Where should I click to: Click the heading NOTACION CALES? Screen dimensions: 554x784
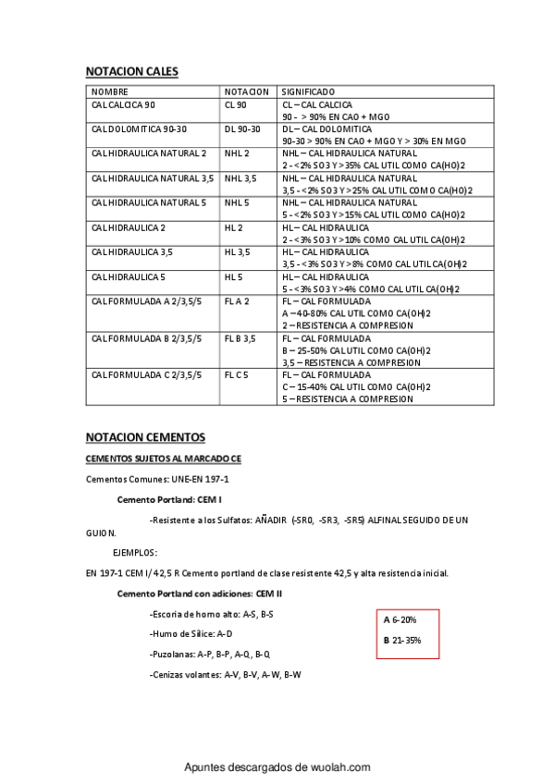[x=131, y=71]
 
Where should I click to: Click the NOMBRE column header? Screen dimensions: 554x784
[x=109, y=92]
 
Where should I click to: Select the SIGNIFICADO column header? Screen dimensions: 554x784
[x=308, y=92]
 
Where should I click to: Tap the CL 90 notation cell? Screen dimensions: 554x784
[x=236, y=105]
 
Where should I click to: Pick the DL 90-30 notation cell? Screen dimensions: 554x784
[x=242, y=129]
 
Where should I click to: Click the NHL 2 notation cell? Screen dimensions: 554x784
[x=237, y=153]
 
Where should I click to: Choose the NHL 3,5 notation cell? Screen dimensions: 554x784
[x=240, y=178]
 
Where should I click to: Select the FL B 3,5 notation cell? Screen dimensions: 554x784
[x=240, y=338]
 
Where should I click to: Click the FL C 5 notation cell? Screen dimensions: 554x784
[x=237, y=375]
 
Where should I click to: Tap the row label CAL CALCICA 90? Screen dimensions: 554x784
[x=123, y=105]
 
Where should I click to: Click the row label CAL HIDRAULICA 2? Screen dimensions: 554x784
[x=128, y=227]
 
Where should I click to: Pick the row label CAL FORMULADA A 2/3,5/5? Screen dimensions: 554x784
[x=146, y=301]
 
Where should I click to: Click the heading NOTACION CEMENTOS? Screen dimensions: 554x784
[x=144, y=436]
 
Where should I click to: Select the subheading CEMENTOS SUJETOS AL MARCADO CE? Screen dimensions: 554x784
[x=163, y=459]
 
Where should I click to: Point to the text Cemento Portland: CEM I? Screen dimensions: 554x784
[x=169, y=499]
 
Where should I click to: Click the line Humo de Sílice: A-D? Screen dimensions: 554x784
[x=191, y=634]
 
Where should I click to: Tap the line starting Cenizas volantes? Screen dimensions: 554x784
[x=225, y=675]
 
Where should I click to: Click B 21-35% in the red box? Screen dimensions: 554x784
[x=402, y=640]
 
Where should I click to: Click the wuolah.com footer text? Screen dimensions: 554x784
[x=277, y=767]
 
